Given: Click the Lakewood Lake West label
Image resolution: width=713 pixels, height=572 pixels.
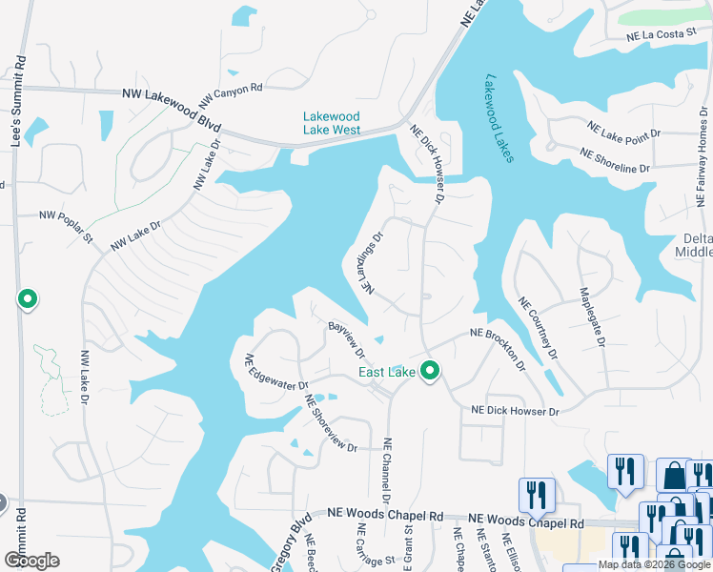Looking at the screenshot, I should click(332, 123).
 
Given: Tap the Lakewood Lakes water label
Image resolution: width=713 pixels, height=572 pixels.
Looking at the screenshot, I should click(499, 118).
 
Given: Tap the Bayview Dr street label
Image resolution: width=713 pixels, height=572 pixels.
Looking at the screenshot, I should click(347, 338).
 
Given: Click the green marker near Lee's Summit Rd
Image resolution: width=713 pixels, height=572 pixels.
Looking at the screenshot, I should click(28, 299).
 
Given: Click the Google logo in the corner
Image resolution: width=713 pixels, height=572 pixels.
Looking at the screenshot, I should click(31, 561).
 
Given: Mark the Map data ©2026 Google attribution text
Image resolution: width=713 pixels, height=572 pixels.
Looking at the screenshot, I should click(654, 564).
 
